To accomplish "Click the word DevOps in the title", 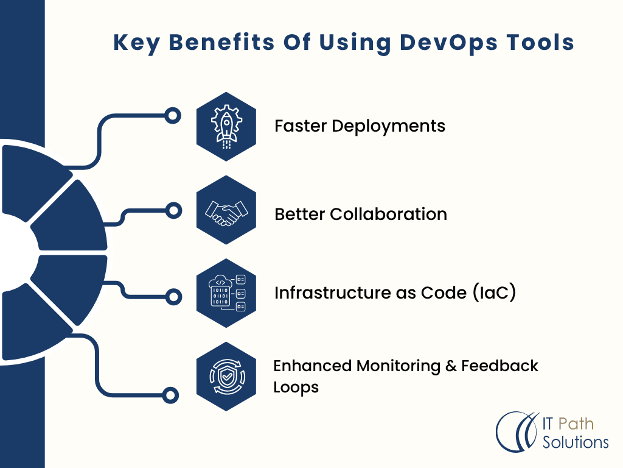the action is pyautogui.click(x=448, y=43).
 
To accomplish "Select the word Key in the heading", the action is pyautogui.click(x=136, y=43).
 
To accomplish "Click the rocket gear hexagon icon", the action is pyautogui.click(x=226, y=127).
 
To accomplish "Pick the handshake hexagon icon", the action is pyautogui.click(x=226, y=210).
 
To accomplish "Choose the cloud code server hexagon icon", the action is pyautogui.click(x=226, y=293).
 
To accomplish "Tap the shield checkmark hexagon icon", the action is pyautogui.click(x=226, y=377).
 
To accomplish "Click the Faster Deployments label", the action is pyautogui.click(x=360, y=126).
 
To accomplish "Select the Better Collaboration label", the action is pyautogui.click(x=361, y=214).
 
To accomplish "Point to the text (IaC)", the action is pyautogui.click(x=494, y=292).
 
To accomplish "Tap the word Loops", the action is pyautogui.click(x=296, y=388).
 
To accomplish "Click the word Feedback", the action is pyautogui.click(x=499, y=366).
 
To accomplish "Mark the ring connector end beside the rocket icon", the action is pyautogui.click(x=173, y=116).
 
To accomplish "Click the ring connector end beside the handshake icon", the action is pyautogui.click(x=173, y=210).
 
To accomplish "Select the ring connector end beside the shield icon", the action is pyautogui.click(x=170, y=395).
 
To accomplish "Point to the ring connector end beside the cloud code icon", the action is pyautogui.click(x=173, y=297).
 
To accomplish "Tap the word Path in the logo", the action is pyautogui.click(x=576, y=424).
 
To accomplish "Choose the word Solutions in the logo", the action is pyautogui.click(x=576, y=442).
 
